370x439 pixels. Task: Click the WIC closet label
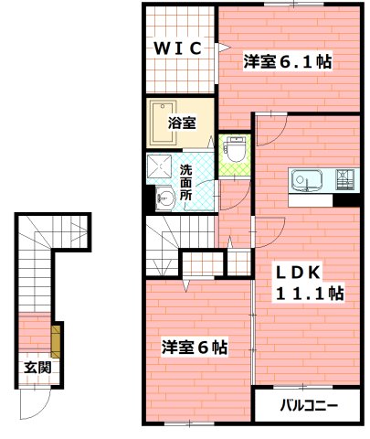177,48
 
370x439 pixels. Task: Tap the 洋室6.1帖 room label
287,62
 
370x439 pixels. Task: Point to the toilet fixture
236,149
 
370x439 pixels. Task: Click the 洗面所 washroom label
185,182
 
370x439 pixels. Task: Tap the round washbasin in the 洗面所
166,197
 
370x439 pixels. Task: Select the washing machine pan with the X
163,167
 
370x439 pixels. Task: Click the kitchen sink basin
305,179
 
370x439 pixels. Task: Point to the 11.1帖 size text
311,294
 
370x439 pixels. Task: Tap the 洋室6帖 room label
195,348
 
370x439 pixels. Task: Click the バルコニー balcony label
309,404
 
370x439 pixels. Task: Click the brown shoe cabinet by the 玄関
57,340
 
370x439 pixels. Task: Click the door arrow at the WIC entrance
222,46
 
